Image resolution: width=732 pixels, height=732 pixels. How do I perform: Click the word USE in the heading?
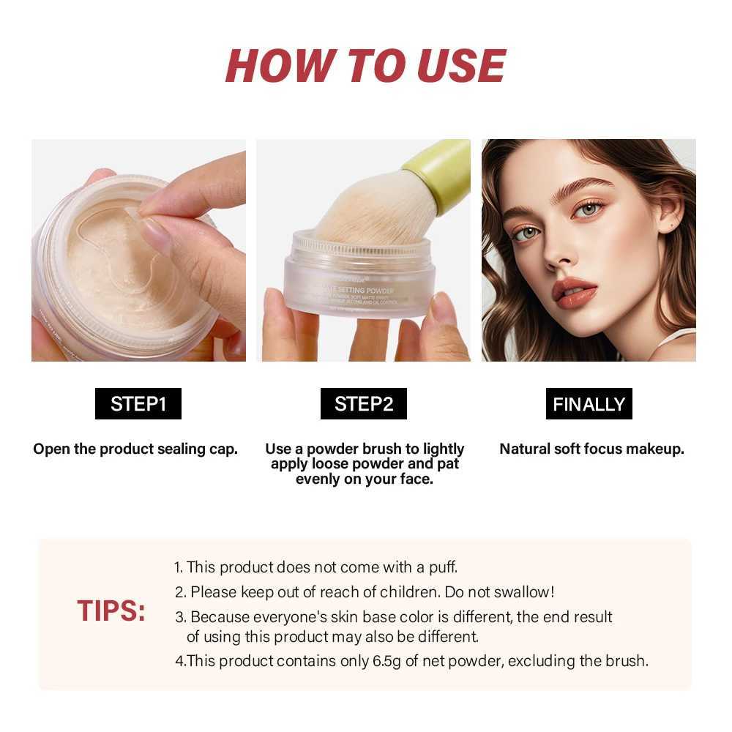click(x=461, y=65)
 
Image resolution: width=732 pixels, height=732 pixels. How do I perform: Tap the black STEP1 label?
click(x=138, y=404)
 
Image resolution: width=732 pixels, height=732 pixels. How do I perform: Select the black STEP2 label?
click(x=364, y=404)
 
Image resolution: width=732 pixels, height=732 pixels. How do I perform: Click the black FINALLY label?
click(x=589, y=404)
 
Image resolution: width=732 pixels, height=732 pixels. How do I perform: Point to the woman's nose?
click(x=559, y=253)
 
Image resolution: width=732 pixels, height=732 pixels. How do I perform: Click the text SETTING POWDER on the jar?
click(x=366, y=291)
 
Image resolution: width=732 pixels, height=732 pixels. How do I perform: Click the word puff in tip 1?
click(x=440, y=567)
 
